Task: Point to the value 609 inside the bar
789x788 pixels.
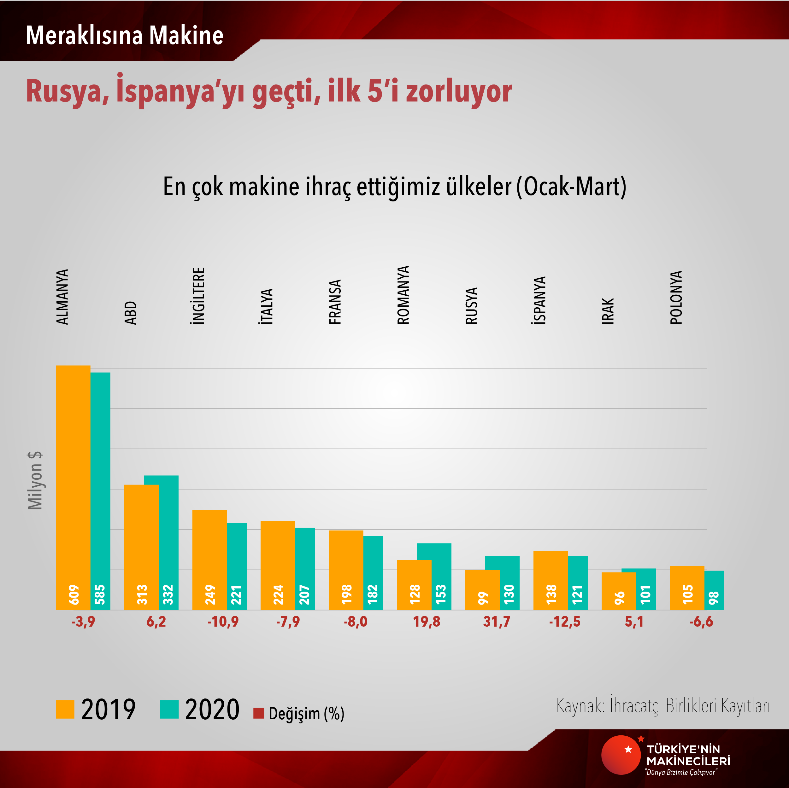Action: [x=74, y=594]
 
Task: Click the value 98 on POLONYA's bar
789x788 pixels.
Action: [x=714, y=598]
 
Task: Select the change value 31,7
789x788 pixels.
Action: [x=497, y=622]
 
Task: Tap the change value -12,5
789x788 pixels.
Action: [x=564, y=622]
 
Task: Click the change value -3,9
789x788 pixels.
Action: [x=83, y=622]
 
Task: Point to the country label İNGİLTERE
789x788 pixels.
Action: [x=198, y=296]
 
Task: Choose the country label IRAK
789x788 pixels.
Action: [x=608, y=311]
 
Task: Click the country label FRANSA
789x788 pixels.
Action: [x=335, y=302]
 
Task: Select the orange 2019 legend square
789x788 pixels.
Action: [x=65, y=709]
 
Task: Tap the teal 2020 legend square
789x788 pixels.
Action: [x=169, y=709]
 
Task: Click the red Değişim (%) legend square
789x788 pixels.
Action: [x=258, y=713]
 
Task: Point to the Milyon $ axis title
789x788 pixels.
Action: [x=35, y=480]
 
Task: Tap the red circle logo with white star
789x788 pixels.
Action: [x=621, y=755]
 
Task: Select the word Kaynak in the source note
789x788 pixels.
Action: [x=580, y=705]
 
